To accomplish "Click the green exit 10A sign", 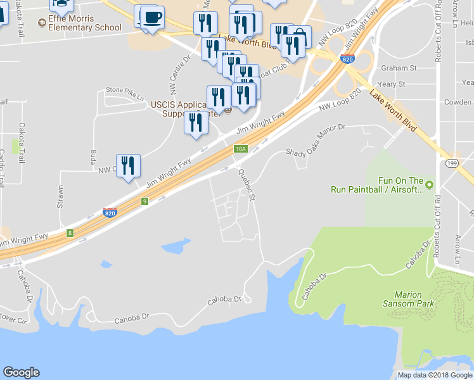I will point(240,149).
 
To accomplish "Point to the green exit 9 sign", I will point(145,201).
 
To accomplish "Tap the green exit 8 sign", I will point(70,233).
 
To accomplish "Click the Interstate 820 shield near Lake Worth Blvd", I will point(347,59).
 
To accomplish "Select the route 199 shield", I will point(451,163).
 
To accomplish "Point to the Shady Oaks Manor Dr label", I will point(315,139).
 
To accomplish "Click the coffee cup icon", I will point(151,16).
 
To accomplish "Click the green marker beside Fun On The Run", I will point(430,184).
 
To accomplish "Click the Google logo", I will point(21,372).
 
